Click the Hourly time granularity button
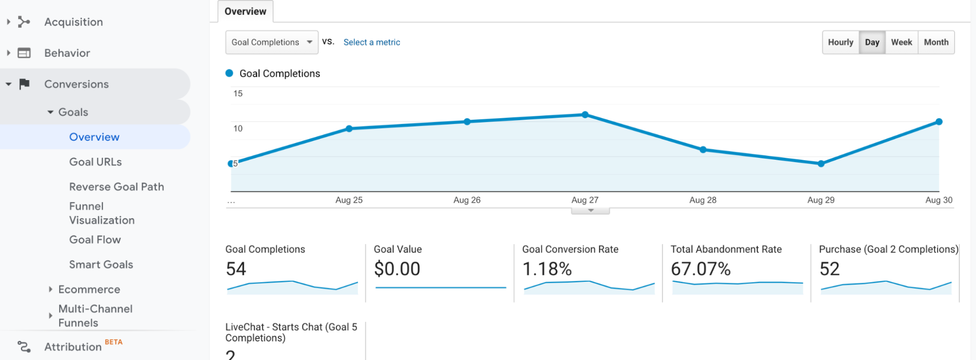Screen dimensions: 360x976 pyautogui.click(x=840, y=42)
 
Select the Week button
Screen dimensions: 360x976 pyautogui.click(x=901, y=42)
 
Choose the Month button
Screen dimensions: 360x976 pyautogui.click(x=936, y=42)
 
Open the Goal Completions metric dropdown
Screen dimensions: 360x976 pyautogui.click(x=271, y=42)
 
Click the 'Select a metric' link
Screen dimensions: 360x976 pyautogui.click(x=372, y=42)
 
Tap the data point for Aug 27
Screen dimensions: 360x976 pyautogui.click(x=585, y=115)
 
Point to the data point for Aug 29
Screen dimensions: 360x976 pyautogui.click(x=821, y=164)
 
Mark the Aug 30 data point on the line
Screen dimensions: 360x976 pyautogui.click(x=938, y=122)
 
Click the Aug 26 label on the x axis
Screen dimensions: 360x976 pyautogui.click(x=467, y=200)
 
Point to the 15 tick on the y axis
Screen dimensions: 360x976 pyautogui.click(x=238, y=94)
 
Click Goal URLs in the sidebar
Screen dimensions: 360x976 pyautogui.click(x=96, y=162)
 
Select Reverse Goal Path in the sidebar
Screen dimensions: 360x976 pyautogui.click(x=117, y=187)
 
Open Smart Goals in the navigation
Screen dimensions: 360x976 pyautogui.click(x=101, y=265)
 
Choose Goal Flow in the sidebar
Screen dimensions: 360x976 pyautogui.click(x=95, y=240)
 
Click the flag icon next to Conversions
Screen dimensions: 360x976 pyautogui.click(x=24, y=84)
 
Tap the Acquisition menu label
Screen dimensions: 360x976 pyautogui.click(x=74, y=22)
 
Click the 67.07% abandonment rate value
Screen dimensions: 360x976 pyautogui.click(x=701, y=269)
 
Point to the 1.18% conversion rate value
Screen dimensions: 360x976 pyautogui.click(x=547, y=269)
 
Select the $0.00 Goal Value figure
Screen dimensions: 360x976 pyautogui.click(x=397, y=269)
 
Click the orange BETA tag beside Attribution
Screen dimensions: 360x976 pyautogui.click(x=114, y=342)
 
